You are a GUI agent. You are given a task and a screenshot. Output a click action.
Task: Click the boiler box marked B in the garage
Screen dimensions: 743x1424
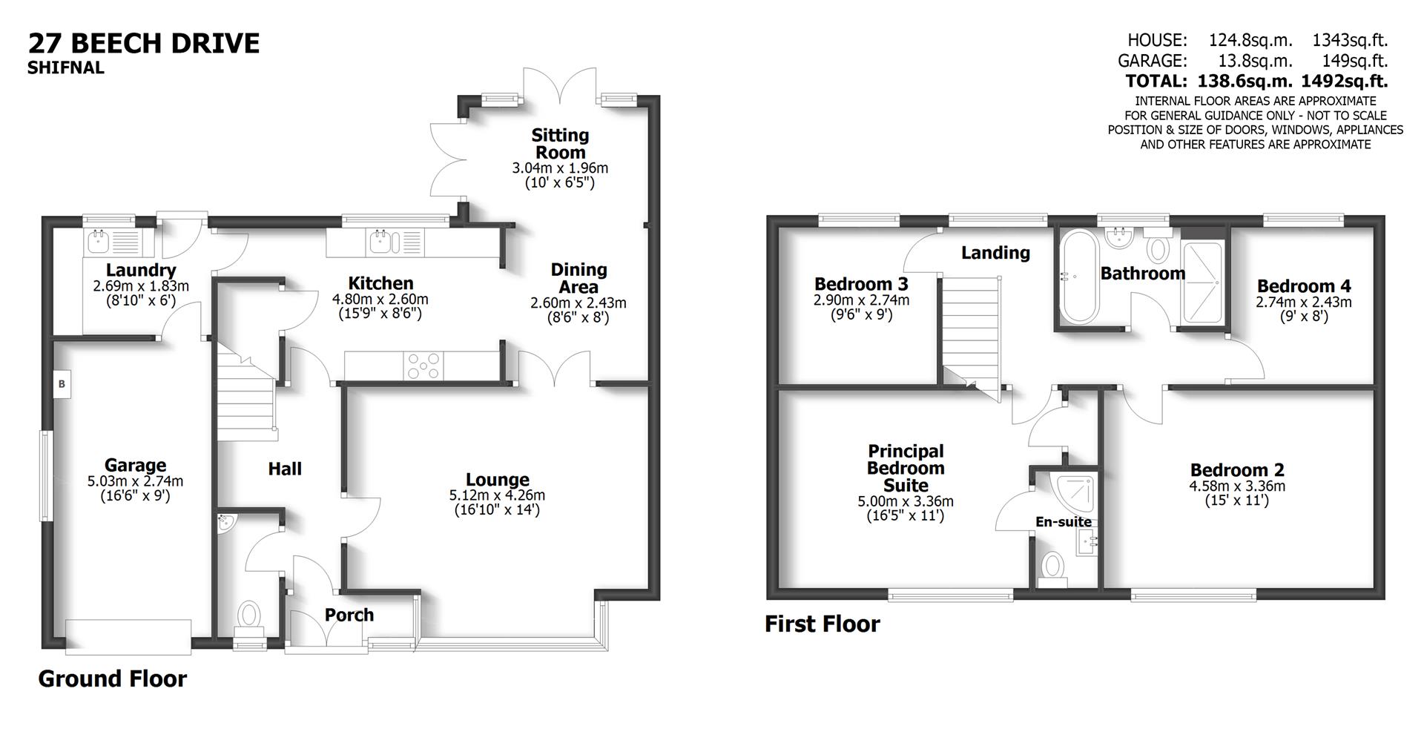pyautogui.click(x=62, y=384)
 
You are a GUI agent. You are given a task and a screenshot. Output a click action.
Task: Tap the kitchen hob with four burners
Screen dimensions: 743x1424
pyautogui.click(x=422, y=366)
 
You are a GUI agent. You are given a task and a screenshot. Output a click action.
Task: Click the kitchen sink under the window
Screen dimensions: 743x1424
pyautogui.click(x=381, y=241)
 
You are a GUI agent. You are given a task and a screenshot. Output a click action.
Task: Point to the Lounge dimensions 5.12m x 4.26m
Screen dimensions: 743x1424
pyautogui.click(x=497, y=495)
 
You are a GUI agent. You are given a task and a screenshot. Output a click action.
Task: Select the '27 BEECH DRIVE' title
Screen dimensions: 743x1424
pyautogui.click(x=144, y=43)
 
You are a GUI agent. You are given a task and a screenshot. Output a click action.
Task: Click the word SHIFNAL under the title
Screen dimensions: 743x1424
pyautogui.click(x=66, y=68)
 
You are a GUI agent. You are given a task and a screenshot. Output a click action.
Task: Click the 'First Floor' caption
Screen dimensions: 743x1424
pyautogui.click(x=822, y=624)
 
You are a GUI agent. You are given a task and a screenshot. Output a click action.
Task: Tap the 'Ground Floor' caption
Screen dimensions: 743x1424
pyautogui.click(x=112, y=678)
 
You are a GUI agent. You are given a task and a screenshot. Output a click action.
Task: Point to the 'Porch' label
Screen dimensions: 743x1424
pyautogui.click(x=349, y=615)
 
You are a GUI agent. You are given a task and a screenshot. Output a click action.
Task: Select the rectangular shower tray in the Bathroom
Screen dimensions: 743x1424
pyautogui.click(x=1201, y=282)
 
